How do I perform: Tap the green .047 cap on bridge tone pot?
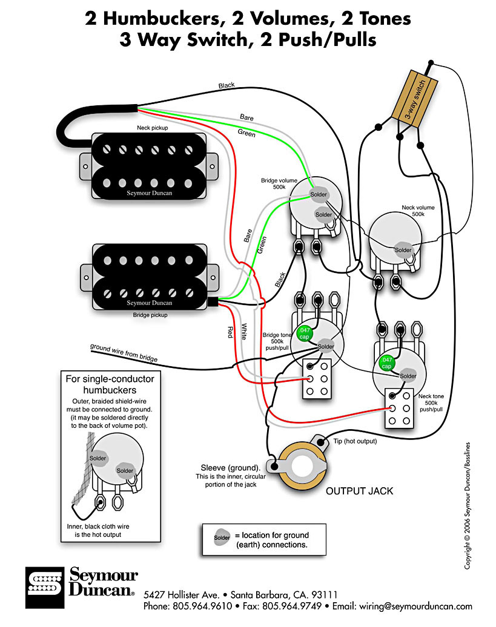click(305, 333)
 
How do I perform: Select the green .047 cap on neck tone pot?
click(386, 363)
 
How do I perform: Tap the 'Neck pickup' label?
click(152, 129)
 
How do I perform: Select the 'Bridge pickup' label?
click(150, 315)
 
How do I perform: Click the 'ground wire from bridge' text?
click(124, 353)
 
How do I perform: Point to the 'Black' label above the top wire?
click(226, 86)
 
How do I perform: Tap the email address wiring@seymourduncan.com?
click(424, 606)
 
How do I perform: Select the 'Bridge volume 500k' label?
click(279, 183)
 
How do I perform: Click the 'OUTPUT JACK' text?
click(359, 491)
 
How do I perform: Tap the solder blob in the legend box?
click(222, 536)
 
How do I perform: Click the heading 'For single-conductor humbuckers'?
click(110, 384)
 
